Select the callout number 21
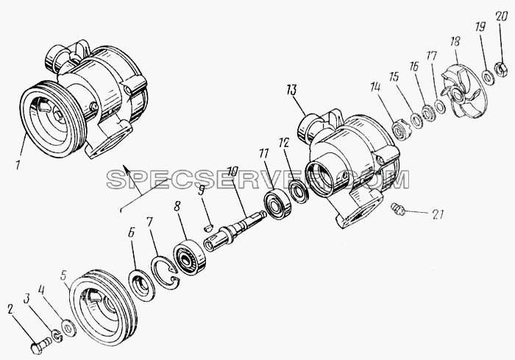(436, 215)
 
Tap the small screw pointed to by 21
(398, 209)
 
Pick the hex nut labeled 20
(501, 69)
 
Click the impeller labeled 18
(460, 93)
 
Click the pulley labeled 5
(104, 308)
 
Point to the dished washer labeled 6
(142, 286)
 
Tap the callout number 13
(291, 89)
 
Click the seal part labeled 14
(402, 130)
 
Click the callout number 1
(18, 164)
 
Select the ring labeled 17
(440, 106)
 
